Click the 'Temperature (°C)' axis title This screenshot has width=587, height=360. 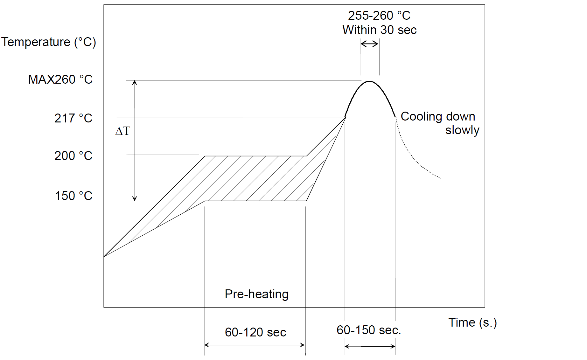[48, 42]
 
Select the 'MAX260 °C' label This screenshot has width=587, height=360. [60, 80]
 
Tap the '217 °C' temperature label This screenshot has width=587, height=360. [73, 118]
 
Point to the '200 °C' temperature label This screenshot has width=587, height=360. [73, 156]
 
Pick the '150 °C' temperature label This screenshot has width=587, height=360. [73, 196]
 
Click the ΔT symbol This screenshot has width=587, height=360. [123, 131]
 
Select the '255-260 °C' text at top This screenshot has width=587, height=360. [379, 15]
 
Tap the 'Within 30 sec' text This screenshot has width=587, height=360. [379, 30]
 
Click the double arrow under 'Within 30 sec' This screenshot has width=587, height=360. [369, 44]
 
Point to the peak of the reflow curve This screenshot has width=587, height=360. [369, 81]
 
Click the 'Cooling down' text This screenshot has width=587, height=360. [438, 116]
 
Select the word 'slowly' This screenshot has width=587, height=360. [462, 130]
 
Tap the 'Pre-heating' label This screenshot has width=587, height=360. [256, 294]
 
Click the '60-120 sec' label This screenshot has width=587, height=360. [255, 332]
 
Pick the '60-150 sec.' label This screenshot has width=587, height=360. [369, 330]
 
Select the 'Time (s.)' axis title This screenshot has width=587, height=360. [472, 322]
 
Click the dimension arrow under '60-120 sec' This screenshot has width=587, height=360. [255, 345]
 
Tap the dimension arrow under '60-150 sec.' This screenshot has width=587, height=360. [370, 346]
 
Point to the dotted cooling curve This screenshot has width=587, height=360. [414, 159]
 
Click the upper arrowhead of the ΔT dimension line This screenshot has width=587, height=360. [135, 83]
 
